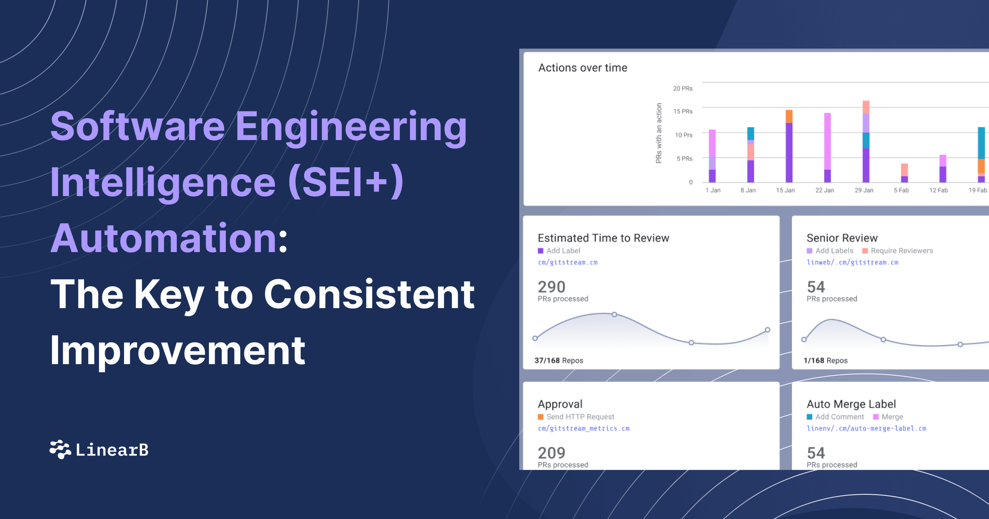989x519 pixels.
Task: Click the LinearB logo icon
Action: pyautogui.click(x=60, y=449)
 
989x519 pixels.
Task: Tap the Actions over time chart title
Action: pyautogui.click(x=582, y=68)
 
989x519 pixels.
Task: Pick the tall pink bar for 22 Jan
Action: pyautogui.click(x=827, y=142)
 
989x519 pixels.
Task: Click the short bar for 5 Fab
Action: pyautogui.click(x=904, y=173)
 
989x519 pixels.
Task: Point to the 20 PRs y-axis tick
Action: pyautogui.click(x=682, y=89)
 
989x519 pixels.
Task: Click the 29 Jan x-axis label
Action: pyautogui.click(x=864, y=190)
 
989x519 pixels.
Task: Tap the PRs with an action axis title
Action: pyautogui.click(x=659, y=133)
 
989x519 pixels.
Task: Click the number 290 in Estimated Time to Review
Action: pyautogui.click(x=551, y=287)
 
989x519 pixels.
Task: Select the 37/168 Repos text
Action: pyautogui.click(x=558, y=360)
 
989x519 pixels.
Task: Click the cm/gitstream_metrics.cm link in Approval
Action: pyautogui.click(x=584, y=428)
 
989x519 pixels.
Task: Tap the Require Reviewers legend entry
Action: pyautogui.click(x=901, y=251)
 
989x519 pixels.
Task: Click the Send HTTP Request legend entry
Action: pyautogui.click(x=580, y=417)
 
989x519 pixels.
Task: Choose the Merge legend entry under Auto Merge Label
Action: pyautogui.click(x=892, y=417)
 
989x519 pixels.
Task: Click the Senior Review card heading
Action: pyautogui.click(x=842, y=238)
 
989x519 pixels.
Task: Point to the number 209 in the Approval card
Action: pyautogui.click(x=551, y=453)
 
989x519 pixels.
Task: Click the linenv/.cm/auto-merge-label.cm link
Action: pyautogui.click(x=866, y=428)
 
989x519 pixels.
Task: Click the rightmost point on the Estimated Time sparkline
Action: pyautogui.click(x=767, y=330)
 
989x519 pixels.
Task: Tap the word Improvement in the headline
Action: pyautogui.click(x=177, y=351)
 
